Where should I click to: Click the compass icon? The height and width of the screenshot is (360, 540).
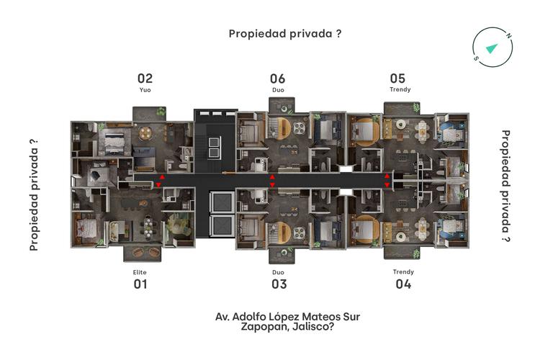492,48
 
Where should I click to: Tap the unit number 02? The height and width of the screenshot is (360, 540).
145,78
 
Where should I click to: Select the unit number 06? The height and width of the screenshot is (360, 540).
278,78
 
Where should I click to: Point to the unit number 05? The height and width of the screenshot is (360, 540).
397,78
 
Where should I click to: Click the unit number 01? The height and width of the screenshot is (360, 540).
140,284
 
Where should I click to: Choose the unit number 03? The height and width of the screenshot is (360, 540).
279,284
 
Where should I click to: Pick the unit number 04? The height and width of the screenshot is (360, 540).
403,284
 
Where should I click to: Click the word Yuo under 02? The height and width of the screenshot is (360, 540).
145,91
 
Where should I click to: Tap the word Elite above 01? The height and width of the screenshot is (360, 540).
140,271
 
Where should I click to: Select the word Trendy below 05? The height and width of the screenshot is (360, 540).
400,91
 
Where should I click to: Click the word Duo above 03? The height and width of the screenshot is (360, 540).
279,271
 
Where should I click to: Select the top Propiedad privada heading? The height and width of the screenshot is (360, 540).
284,33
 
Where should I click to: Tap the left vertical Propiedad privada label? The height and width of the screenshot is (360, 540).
33,194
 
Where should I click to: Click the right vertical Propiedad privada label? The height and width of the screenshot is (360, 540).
505,185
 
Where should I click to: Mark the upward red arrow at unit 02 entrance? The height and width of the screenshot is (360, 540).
161,176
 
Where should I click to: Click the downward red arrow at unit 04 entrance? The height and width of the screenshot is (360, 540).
387,185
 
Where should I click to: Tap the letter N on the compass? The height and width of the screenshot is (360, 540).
508,35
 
